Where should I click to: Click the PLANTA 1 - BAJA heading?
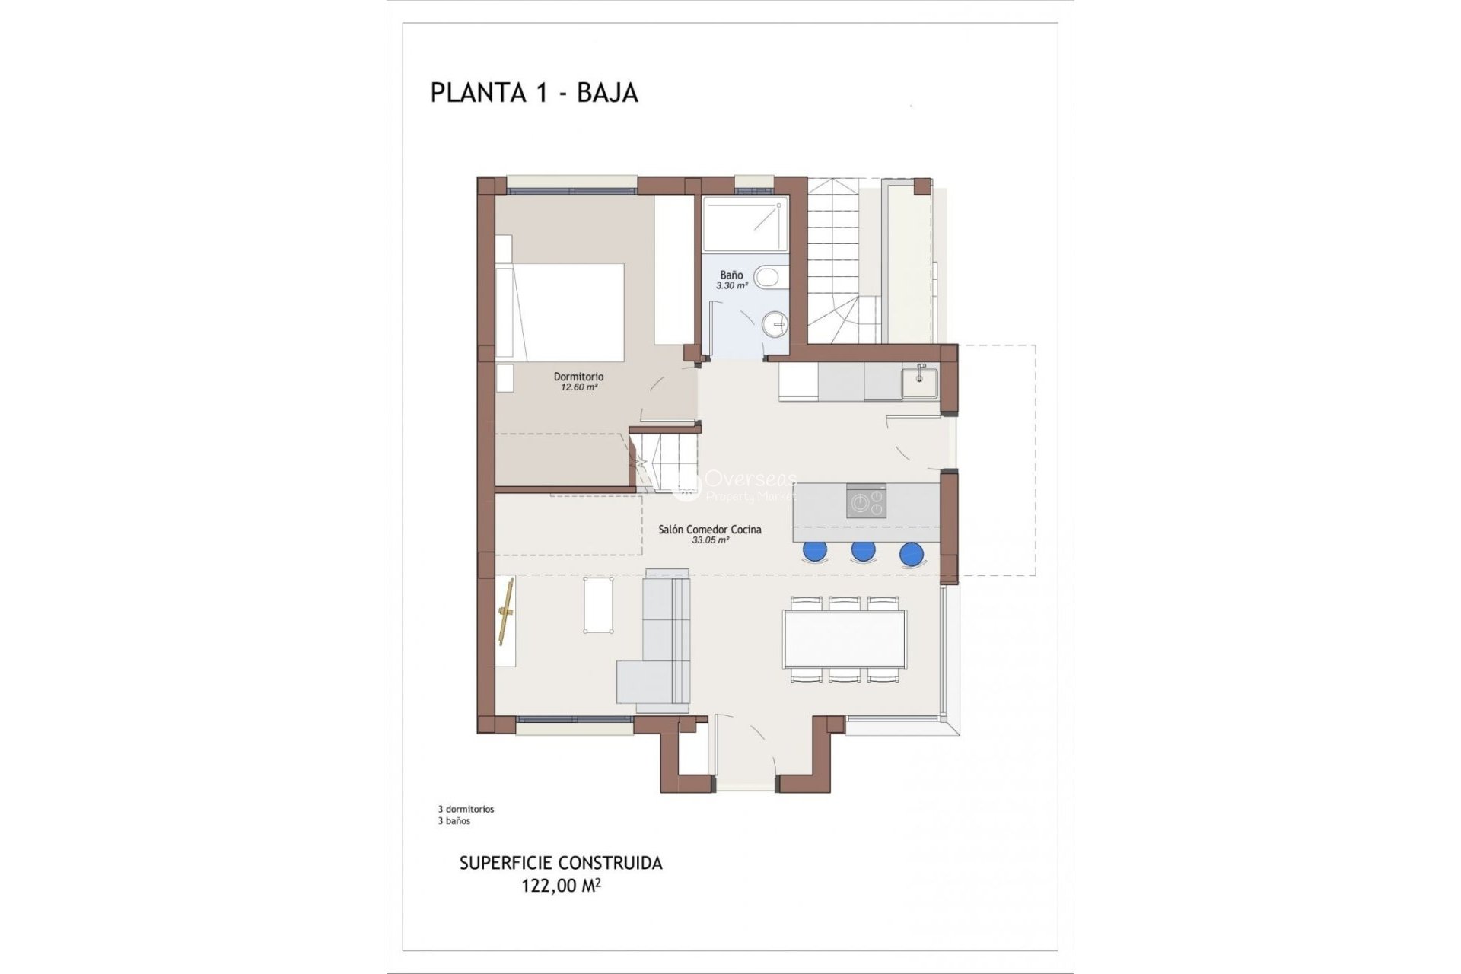point(533,92)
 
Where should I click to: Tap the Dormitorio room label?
point(578,377)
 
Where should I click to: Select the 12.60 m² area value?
point(578,387)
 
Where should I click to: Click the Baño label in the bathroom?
point(731,275)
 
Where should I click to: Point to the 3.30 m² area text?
point(731,286)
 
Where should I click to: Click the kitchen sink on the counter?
point(920,383)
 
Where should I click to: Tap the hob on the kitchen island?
point(866,502)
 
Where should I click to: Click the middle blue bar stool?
point(863,550)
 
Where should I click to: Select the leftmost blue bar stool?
point(814,551)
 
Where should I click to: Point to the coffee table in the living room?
point(600,604)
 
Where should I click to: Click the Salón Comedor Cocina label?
point(709,530)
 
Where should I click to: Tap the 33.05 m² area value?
point(710,540)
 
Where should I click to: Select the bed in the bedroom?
point(561,312)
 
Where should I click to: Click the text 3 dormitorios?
point(466,809)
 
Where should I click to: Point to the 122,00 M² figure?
point(561,886)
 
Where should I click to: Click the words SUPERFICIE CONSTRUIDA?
point(561,864)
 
